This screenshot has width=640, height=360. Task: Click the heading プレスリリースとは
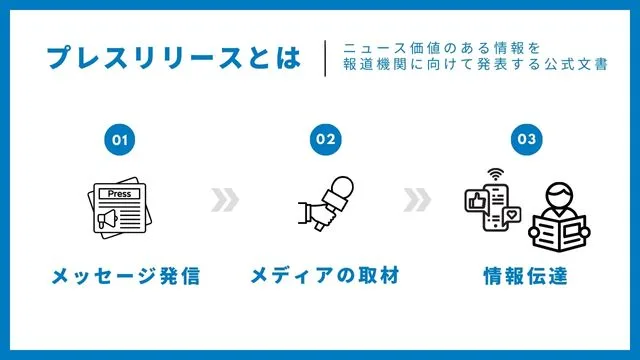(172, 57)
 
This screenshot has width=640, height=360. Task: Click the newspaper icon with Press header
(120, 208)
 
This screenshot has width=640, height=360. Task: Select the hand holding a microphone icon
(324, 205)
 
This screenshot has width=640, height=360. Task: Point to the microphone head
(341, 187)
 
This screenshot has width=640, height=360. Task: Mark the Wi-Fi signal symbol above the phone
(492, 175)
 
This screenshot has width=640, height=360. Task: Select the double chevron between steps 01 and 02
(226, 201)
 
